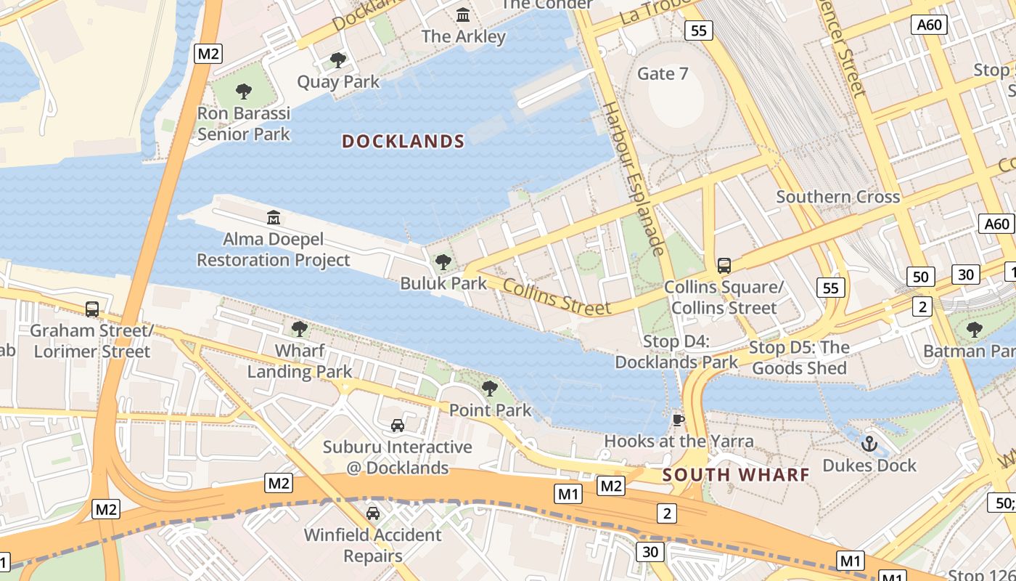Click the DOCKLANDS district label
403,142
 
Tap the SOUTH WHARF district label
736,475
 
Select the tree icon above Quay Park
337,60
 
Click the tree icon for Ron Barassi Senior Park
244,92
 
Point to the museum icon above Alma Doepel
274,217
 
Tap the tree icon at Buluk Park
443,261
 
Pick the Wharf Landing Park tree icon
299,329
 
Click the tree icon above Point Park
490,388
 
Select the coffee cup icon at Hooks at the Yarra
679,420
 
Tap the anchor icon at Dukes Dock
869,443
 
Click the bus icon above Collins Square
724,265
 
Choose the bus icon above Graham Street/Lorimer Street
92,309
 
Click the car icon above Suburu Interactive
397,425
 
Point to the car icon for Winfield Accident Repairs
372,513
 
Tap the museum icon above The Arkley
463,15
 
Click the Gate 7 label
662,73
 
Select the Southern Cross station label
837,197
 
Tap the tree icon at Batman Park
974,329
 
